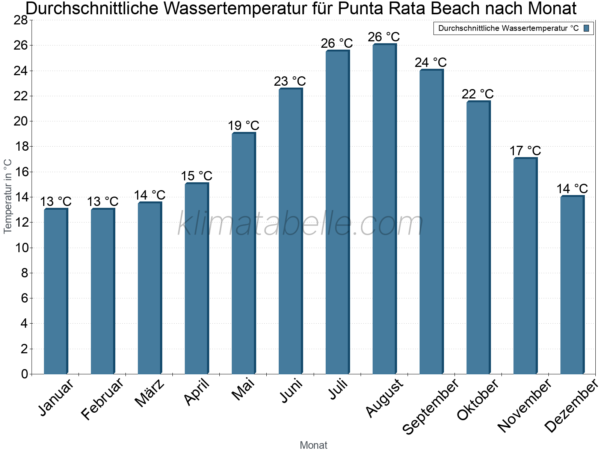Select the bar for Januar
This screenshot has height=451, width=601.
(x=56, y=291)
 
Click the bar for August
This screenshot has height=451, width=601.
(x=384, y=209)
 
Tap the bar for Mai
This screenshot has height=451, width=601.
(x=243, y=253)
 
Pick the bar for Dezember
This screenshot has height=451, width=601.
(x=572, y=285)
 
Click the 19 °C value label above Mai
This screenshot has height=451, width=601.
(x=243, y=126)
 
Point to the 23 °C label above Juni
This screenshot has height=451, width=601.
(x=290, y=81)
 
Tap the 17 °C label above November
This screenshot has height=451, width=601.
(x=525, y=151)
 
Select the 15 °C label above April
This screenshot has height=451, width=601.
(x=196, y=176)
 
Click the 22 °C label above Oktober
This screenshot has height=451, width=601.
(x=477, y=94)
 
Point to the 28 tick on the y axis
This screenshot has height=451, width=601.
(x=21, y=20)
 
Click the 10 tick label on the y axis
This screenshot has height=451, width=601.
(x=21, y=248)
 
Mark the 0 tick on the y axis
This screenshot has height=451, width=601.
(x=24, y=374)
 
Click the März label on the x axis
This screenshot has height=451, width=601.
(x=149, y=393)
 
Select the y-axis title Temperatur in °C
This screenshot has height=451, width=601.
(x=8, y=196)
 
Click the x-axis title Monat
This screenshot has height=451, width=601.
(x=314, y=445)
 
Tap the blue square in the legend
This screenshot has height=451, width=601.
(x=586, y=28)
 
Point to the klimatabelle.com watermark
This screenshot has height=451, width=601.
(x=300, y=224)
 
